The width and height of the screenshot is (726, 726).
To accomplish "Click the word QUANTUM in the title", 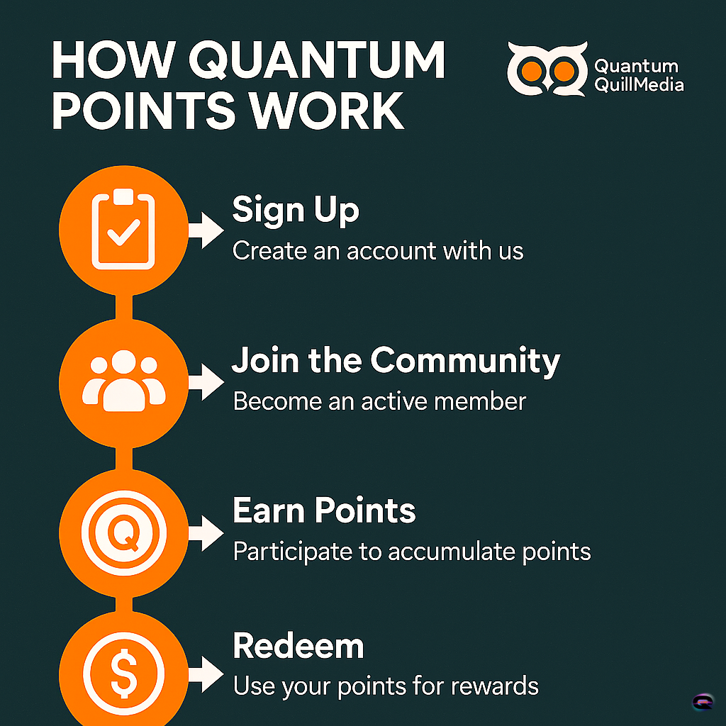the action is pos(317,61).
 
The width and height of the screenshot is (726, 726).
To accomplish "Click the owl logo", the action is pos(547,69).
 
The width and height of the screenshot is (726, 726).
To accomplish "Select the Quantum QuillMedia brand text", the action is pos(639,75).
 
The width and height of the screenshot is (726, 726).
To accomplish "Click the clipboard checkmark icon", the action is pos(123,229).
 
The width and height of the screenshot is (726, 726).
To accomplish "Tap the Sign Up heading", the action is pos(296,210).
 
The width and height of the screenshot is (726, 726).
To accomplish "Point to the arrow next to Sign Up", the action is pos(206,230).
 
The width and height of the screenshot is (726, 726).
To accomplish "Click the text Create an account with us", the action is pos(378,251).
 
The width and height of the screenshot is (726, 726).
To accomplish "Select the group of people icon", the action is pos(123,381).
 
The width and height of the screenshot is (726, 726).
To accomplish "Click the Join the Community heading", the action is pos(396,360).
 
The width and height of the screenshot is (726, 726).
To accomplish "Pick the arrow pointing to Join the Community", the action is pos(206,382).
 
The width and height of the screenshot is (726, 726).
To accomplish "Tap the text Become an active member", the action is pos(380,401).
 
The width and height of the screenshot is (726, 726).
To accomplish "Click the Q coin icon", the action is pos(123,533).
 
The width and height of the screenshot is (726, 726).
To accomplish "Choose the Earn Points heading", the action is pos(324,510).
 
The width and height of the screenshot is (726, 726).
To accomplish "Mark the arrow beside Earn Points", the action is pos(206,533).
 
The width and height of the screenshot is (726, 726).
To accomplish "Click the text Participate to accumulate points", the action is pos(412,552).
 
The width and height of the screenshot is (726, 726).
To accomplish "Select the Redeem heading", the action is pos(298,645).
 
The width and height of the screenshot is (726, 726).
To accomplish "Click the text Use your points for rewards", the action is pos(386,686).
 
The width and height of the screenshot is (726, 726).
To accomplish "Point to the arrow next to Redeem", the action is pos(206,675).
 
